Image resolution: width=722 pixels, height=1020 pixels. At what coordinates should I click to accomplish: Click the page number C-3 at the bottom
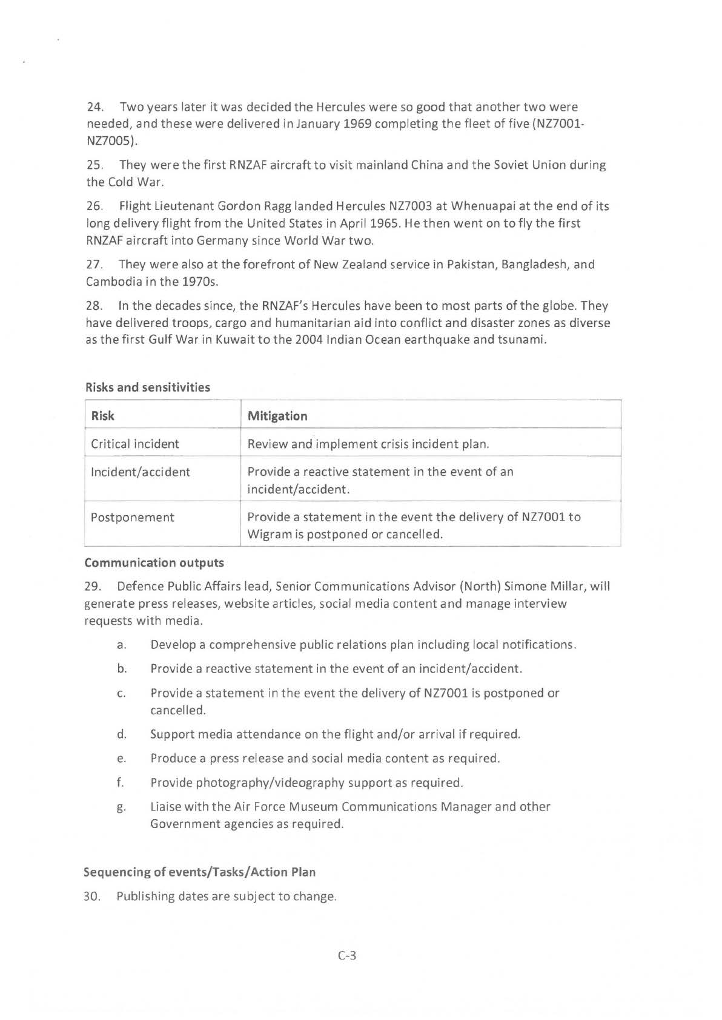pos(346,956)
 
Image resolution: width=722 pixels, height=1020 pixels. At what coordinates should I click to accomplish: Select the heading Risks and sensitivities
pos(147,387)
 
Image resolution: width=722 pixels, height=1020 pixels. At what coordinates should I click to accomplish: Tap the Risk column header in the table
pos(102,416)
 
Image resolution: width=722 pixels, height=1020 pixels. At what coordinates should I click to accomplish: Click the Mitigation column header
pos(277,416)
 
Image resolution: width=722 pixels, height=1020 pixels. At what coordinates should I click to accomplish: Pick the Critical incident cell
pos(134,444)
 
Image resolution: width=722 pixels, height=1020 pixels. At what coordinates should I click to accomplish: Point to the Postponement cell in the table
pos(132,518)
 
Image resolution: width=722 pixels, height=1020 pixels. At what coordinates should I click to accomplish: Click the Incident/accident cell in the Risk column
pos(140,472)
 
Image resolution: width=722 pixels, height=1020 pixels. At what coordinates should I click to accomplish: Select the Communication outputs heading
pos(154,563)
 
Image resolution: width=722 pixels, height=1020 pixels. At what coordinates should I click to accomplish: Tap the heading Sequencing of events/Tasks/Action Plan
pos(199,872)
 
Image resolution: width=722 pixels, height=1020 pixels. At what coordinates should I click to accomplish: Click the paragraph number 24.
pos(94,107)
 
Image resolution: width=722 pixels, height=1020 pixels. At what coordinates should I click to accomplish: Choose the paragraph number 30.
pos(92,897)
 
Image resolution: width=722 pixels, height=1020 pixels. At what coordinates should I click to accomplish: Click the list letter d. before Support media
pos(122,734)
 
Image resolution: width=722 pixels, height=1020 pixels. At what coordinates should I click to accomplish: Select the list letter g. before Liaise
pos(122,808)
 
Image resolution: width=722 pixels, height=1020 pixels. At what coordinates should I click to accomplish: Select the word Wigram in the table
pos(267,535)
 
